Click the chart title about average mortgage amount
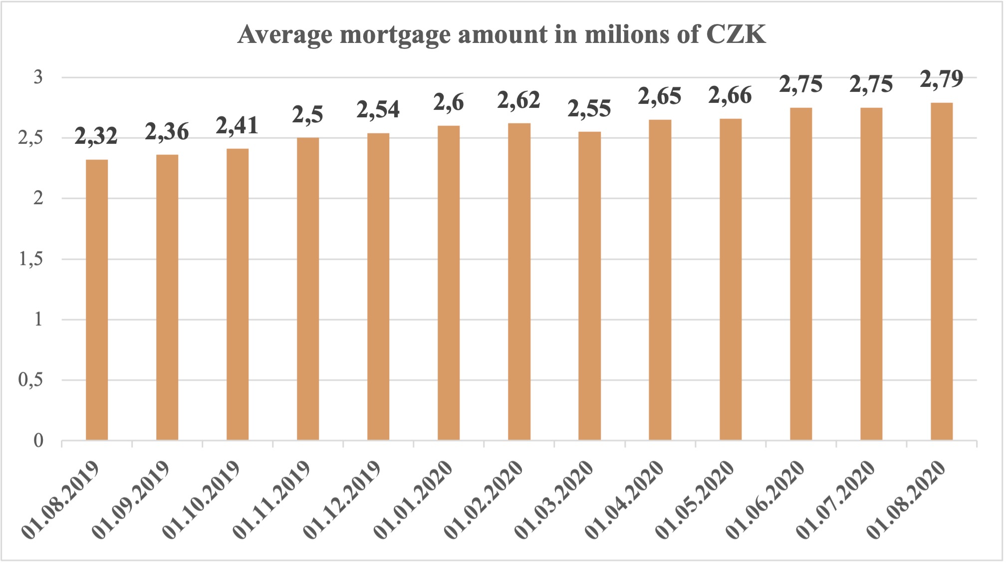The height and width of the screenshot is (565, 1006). tap(502, 35)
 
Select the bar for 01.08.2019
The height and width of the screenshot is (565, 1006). tap(97, 299)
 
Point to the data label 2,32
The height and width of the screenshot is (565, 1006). tap(96, 136)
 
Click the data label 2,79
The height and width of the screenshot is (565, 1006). tap(942, 79)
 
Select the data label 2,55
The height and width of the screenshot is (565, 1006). tap(589, 109)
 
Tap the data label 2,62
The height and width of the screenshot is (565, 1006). tap(519, 101)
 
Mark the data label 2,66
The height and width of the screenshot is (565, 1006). tap(730, 96)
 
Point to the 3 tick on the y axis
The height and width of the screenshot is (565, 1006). tap(38, 77)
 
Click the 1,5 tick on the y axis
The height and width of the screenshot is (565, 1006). tap(31, 259)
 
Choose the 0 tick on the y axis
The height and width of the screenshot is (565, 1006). tap(38, 441)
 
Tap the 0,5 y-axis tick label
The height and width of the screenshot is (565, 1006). tap(31, 380)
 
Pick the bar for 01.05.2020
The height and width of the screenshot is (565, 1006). tap(731, 280)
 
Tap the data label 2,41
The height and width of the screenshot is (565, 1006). tap(237, 126)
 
